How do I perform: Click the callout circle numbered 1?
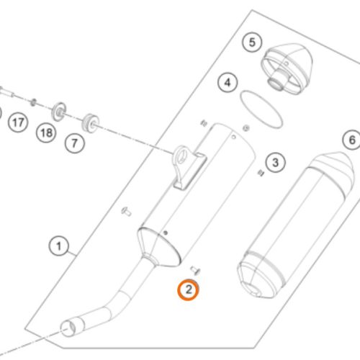59,246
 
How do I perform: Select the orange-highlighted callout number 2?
189,289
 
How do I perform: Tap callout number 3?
276,163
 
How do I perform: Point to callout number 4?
228,83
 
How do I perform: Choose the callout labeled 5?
252,42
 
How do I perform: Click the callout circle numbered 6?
352,140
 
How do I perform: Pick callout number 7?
75,143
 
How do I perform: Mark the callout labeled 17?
18,122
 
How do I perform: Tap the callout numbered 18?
46,132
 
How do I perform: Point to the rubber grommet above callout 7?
91,123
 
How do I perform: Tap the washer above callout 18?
59,112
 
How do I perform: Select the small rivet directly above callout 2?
196,270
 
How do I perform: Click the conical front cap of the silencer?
158,247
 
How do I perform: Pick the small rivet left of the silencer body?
126,212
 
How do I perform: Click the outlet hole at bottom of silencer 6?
255,292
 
